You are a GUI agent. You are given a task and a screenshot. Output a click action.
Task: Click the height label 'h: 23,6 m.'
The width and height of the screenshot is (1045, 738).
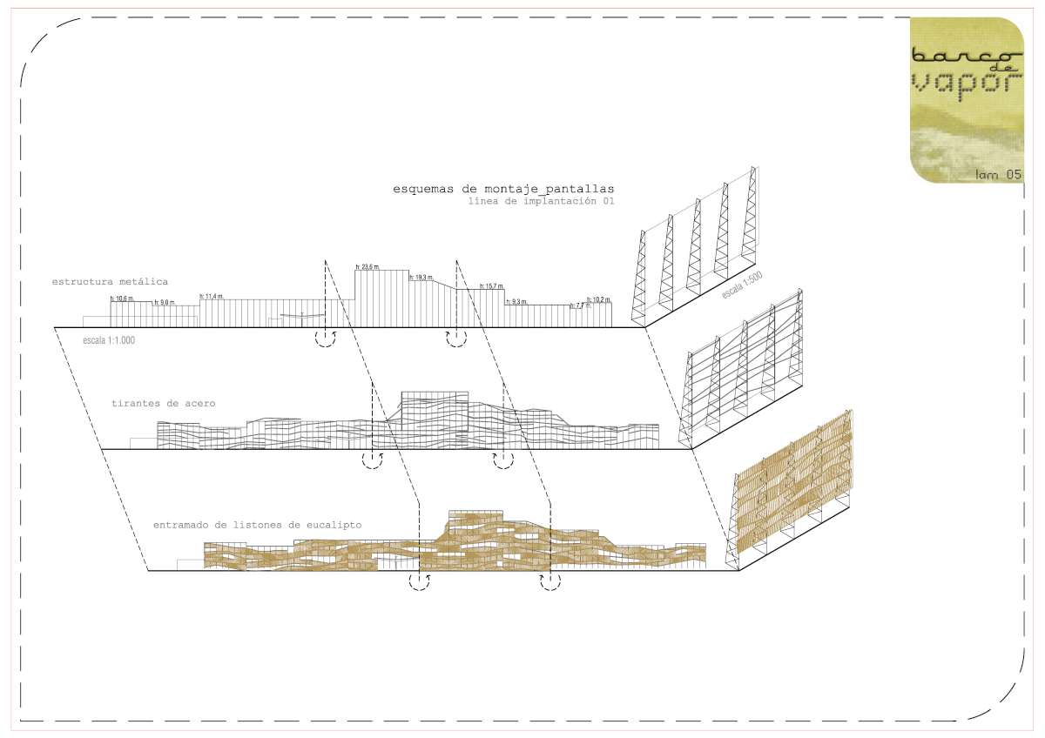click(x=367, y=267)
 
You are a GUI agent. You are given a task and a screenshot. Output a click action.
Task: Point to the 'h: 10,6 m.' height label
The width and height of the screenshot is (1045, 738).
click(x=123, y=299)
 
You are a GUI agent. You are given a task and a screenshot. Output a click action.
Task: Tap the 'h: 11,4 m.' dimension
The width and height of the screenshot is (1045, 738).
click(x=212, y=297)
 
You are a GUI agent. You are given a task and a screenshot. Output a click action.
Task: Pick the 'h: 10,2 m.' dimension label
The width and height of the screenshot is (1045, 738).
click(x=600, y=299)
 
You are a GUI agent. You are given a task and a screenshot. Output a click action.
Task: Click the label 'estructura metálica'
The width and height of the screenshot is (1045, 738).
click(x=110, y=282)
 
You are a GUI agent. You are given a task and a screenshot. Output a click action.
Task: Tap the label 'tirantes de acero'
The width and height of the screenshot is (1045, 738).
click(x=163, y=404)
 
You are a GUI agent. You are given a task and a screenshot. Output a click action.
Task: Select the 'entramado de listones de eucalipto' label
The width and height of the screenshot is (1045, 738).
click(x=257, y=526)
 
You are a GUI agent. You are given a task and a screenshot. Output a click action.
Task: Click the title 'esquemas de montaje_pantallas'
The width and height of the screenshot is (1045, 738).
click(x=503, y=188)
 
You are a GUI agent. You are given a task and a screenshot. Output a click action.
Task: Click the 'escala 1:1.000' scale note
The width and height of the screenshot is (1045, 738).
click(x=108, y=340)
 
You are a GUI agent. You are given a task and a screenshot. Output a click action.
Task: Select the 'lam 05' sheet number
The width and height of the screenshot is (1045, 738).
click(x=998, y=175)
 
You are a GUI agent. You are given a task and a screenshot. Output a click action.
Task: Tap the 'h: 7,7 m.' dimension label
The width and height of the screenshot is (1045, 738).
click(x=579, y=305)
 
